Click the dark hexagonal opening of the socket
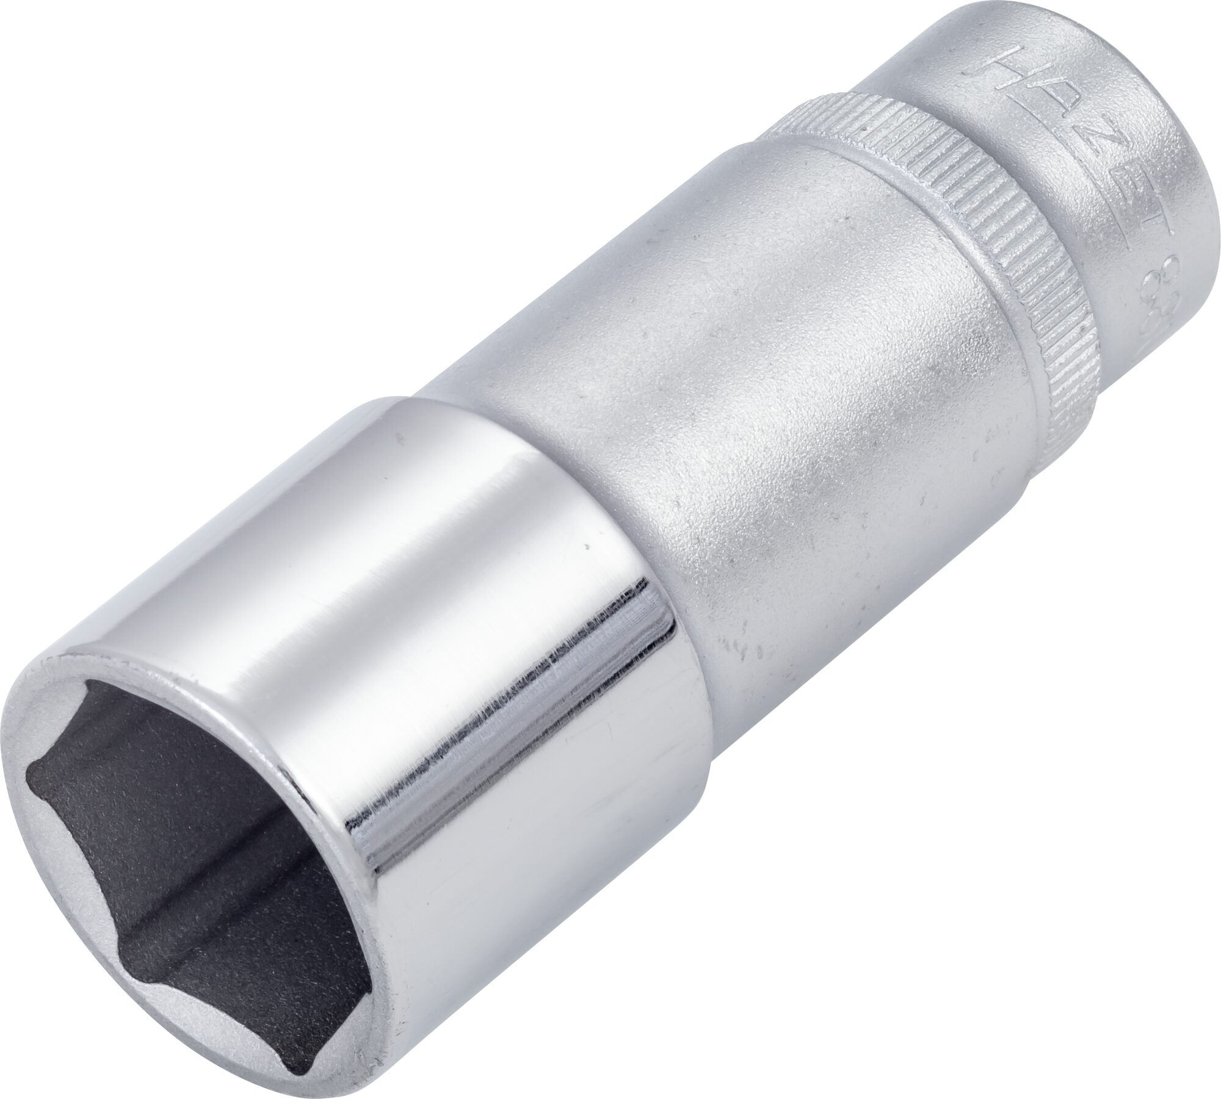point(195,885)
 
